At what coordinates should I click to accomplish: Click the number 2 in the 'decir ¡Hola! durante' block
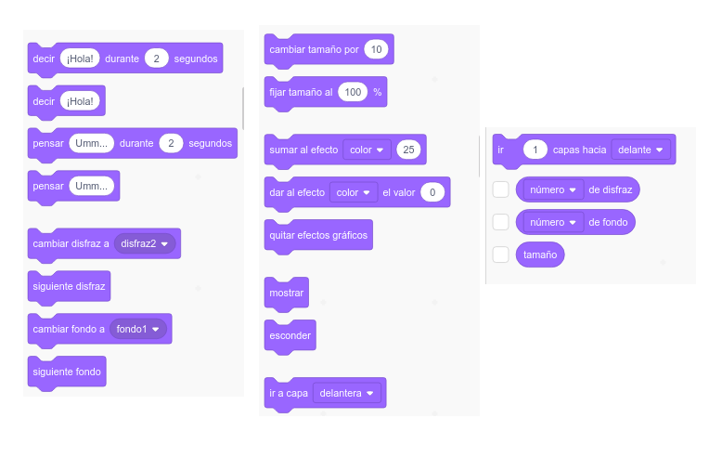click(x=157, y=59)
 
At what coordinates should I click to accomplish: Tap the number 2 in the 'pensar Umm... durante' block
click(x=171, y=143)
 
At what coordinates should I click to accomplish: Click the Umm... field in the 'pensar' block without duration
click(x=91, y=186)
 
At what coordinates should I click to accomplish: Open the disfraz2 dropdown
click(x=148, y=243)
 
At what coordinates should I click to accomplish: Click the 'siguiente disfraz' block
click(x=70, y=286)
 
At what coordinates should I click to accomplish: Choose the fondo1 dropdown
click(x=138, y=329)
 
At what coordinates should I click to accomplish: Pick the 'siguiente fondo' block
click(x=67, y=372)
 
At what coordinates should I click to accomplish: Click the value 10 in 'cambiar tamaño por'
click(x=376, y=49)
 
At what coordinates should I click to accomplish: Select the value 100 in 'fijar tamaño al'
click(x=353, y=92)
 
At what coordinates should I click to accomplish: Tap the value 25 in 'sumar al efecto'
click(x=409, y=150)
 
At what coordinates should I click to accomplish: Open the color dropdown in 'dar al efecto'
click(x=354, y=192)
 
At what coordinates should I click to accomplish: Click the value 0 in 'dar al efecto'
click(x=432, y=192)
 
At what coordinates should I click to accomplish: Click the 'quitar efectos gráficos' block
click(x=318, y=235)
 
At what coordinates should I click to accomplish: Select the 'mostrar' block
click(x=286, y=293)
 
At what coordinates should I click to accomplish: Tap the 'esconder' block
click(x=290, y=335)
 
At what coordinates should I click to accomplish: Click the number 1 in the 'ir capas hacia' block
click(x=535, y=150)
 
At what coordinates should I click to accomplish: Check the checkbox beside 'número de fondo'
click(x=501, y=222)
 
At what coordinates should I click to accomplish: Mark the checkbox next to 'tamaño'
click(x=501, y=254)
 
